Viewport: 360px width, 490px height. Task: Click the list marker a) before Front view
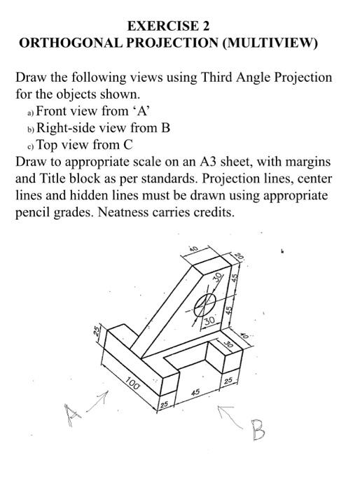click(30, 112)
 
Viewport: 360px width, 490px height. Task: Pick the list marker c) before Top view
click(30, 146)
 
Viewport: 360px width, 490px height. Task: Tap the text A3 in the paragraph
click(213, 162)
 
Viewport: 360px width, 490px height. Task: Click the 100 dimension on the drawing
click(134, 384)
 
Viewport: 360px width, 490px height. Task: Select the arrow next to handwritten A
click(99, 400)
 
